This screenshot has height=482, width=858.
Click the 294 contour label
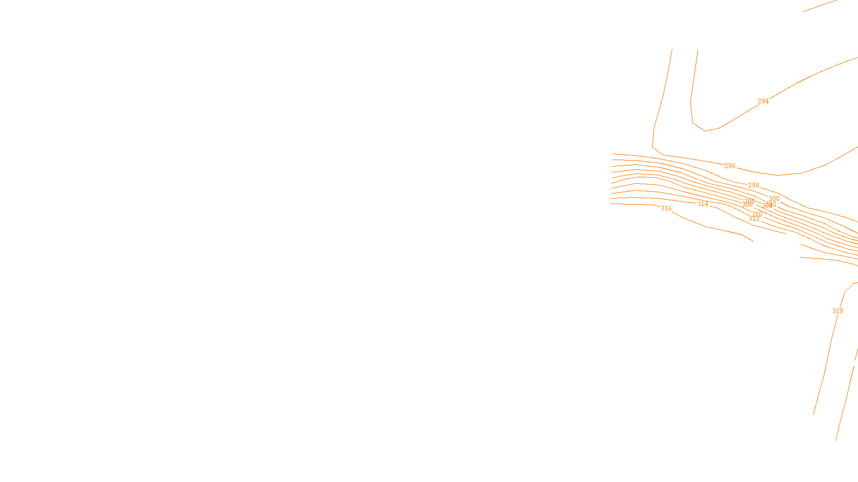tap(763, 101)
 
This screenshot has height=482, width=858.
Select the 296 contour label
tap(730, 166)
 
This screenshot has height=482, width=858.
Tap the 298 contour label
tap(753, 185)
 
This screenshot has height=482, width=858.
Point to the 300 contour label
tap(774, 199)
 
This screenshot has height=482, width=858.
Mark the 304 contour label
tap(766, 206)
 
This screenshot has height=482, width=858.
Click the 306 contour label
tap(749, 201)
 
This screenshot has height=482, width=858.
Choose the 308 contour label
tap(746, 205)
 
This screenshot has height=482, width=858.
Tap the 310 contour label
tap(757, 214)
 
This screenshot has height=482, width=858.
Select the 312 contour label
tap(754, 219)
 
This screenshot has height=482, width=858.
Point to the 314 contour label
tap(702, 204)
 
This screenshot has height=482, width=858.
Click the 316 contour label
tap(666, 208)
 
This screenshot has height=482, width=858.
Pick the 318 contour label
tap(838, 311)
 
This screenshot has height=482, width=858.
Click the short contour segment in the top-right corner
tap(820, 5)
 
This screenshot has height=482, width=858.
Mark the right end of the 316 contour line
tap(752, 240)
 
